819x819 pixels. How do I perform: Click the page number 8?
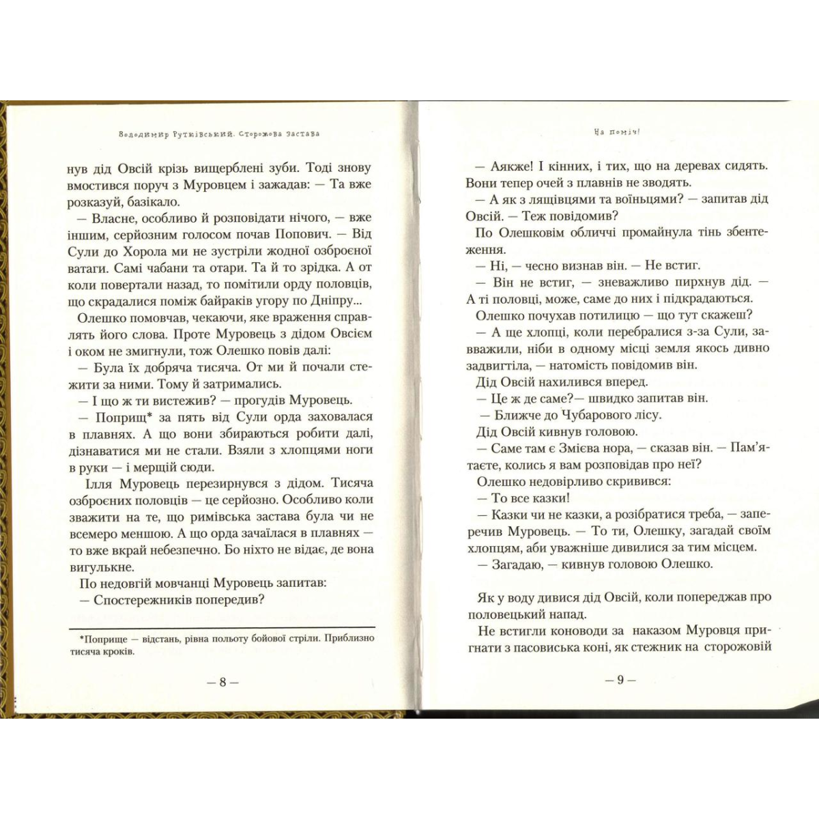pyautogui.click(x=222, y=682)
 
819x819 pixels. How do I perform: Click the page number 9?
pyautogui.click(x=620, y=680)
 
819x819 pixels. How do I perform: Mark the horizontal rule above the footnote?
pyautogui.click(x=222, y=627)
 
